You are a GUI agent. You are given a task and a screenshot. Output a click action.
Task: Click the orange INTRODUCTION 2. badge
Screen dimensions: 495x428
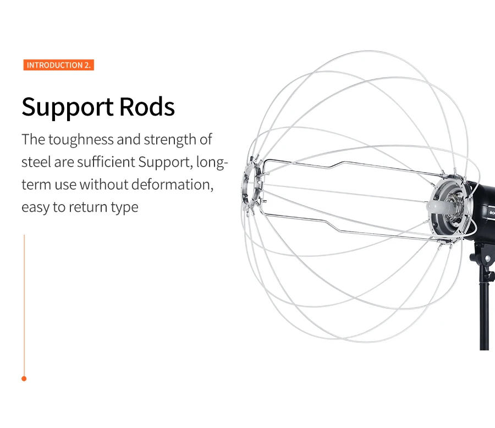click(x=59, y=65)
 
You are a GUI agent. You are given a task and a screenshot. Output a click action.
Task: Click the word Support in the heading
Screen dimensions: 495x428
click(x=68, y=107)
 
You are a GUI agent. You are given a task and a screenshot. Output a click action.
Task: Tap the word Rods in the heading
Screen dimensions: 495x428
click(x=147, y=107)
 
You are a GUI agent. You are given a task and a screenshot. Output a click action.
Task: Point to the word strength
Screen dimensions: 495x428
click(x=170, y=140)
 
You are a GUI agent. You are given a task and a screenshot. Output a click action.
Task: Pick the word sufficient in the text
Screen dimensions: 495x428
click(x=106, y=162)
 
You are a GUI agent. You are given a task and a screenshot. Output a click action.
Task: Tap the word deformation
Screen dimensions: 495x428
click(x=172, y=184)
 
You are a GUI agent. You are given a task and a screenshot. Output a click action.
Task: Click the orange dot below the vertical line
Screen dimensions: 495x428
click(x=24, y=378)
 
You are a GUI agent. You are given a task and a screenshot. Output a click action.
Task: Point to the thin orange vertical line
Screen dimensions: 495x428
click(x=24, y=305)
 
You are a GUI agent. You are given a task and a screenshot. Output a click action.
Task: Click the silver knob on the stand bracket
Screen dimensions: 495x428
click(x=488, y=259)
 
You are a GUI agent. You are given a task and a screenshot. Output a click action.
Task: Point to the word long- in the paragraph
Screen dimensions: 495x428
click(x=212, y=162)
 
